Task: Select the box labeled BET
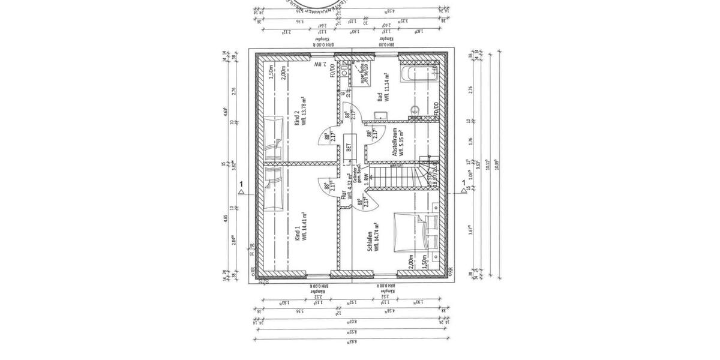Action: [x=348, y=148]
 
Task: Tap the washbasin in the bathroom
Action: [x=415, y=110]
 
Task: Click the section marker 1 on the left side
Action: [x=241, y=184]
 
